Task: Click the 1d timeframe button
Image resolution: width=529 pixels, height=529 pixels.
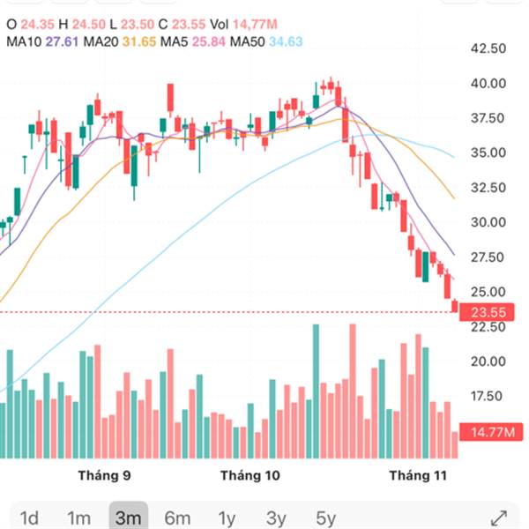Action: [29, 518]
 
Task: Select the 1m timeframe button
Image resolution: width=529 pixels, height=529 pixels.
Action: [79, 518]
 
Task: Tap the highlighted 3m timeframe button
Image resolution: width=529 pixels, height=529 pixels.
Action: [129, 518]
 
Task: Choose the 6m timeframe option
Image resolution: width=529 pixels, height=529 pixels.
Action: [178, 518]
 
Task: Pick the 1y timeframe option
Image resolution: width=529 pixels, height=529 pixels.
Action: [227, 518]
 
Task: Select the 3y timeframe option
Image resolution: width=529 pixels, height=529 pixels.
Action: [277, 518]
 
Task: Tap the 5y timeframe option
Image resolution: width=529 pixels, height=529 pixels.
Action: [326, 518]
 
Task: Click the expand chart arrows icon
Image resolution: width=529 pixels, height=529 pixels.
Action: [498, 518]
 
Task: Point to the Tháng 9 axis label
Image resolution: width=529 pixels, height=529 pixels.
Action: [104, 476]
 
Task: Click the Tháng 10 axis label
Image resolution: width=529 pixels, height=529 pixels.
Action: [250, 476]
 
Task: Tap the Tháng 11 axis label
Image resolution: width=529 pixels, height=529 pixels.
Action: [419, 476]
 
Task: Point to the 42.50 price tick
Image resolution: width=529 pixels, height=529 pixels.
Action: [487, 48]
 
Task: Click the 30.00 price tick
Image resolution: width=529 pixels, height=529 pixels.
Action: [487, 222]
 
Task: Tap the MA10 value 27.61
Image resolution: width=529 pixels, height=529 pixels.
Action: [63, 41]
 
